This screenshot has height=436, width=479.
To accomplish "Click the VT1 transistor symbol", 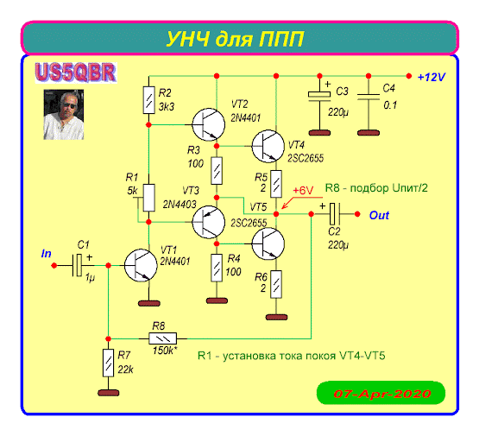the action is tap(141, 266).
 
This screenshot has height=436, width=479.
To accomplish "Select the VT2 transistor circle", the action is tap(209, 124).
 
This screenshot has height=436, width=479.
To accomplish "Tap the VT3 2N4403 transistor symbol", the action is tap(209, 222).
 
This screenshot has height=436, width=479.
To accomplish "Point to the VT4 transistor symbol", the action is tap(268, 147).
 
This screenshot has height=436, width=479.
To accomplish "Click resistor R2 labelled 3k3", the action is tap(148, 100).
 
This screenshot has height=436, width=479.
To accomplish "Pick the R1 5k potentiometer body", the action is tap(148, 198).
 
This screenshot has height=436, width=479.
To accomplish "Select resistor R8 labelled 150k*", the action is tap(162, 338).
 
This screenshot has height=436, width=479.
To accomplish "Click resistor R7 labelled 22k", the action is tap(108, 363).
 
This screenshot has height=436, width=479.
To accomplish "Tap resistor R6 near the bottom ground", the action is tap(276, 284).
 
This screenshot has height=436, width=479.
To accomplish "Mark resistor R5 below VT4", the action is tap(276, 184).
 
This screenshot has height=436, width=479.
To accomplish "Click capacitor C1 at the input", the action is tap(78, 265).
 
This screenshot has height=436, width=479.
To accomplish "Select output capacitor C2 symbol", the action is tap(335, 214).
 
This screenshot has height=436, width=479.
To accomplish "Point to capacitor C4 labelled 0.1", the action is tap(369, 97).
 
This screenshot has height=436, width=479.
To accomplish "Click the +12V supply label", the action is tap(432, 77).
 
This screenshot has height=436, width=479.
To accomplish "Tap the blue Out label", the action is tap(379, 215).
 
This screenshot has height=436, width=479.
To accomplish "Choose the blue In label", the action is tap(46, 254).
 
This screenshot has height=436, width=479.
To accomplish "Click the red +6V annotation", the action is tap(303, 190).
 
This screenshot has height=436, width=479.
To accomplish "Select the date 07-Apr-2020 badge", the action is tap(381, 393).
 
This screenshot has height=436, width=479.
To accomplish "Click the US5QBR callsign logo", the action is tap(76, 73).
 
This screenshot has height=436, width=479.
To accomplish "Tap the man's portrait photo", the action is tap(64, 115).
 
